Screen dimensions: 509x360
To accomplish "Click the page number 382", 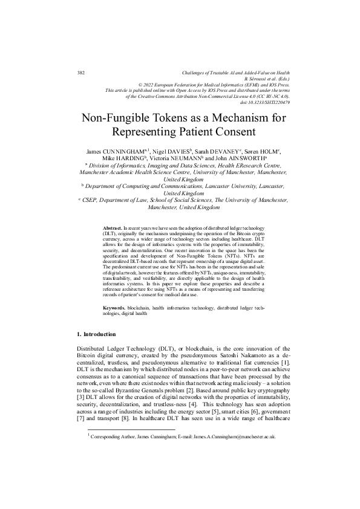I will [x=81, y=73].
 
